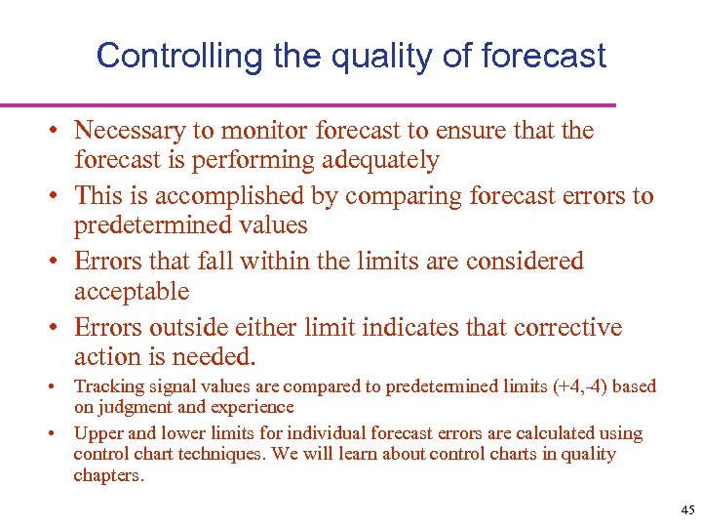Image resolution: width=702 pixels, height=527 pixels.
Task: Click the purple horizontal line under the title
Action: pyautogui.click(x=308, y=104)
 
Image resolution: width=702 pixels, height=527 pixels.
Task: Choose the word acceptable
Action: pyautogui.click(x=132, y=291)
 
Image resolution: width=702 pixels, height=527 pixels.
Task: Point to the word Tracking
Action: pyautogui.click(x=105, y=386)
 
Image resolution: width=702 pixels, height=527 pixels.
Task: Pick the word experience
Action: pyautogui.click(x=251, y=407)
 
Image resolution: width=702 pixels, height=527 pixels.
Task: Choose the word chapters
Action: pyautogui.click(x=108, y=475)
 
